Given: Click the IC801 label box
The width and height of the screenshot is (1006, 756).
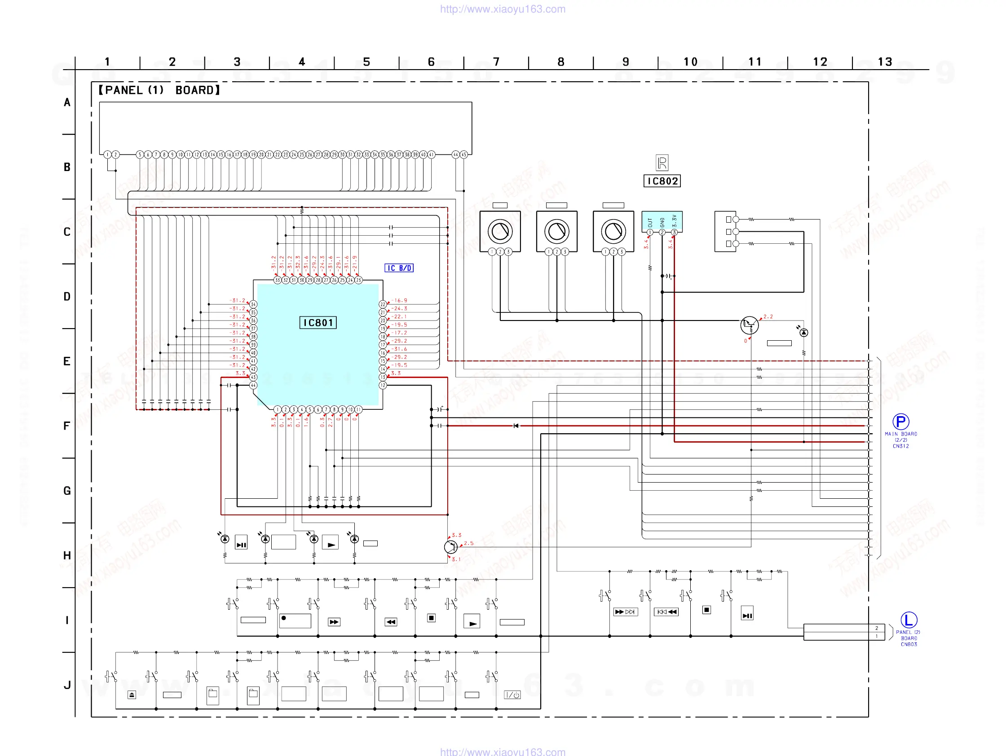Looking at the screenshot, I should pyautogui.click(x=318, y=323).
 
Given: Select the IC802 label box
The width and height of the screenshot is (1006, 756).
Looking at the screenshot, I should pyautogui.click(x=662, y=181).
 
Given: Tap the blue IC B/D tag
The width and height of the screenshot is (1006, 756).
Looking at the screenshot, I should pyautogui.click(x=399, y=268).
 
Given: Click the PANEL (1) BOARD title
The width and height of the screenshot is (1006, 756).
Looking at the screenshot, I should pyautogui.click(x=159, y=90).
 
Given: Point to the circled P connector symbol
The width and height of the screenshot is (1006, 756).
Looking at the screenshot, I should pyautogui.click(x=900, y=422).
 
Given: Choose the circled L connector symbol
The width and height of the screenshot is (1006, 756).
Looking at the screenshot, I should pyautogui.click(x=908, y=620).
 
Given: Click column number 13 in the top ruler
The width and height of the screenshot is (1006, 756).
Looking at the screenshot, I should pyautogui.click(x=885, y=62).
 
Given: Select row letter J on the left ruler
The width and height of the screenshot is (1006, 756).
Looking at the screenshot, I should pyautogui.click(x=67, y=685).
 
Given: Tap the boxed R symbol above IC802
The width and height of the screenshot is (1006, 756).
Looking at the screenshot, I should pyautogui.click(x=662, y=163).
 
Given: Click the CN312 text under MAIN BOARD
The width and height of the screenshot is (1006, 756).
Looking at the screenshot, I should pyautogui.click(x=900, y=446).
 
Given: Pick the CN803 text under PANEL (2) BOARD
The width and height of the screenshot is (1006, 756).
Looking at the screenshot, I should pyautogui.click(x=908, y=645).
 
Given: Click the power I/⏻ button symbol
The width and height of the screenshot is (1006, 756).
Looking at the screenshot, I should pyautogui.click(x=512, y=694).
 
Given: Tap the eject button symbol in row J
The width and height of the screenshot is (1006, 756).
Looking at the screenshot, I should pyautogui.click(x=132, y=694).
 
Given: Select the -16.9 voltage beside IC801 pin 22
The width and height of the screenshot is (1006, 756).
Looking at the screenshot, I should pyautogui.click(x=400, y=300).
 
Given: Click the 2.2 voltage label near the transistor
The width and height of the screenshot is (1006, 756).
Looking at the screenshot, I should pyautogui.click(x=768, y=316).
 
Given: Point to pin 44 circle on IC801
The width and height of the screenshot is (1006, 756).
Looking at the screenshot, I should pyautogui.click(x=253, y=385).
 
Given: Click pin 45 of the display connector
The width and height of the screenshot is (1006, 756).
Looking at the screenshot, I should pyautogui.click(x=464, y=154).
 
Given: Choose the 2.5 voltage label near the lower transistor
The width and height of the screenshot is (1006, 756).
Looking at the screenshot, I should pyautogui.click(x=468, y=543).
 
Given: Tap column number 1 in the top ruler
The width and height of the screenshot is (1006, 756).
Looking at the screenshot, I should pyautogui.click(x=107, y=62).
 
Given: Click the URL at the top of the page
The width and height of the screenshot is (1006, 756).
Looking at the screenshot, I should pyautogui.click(x=503, y=9).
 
